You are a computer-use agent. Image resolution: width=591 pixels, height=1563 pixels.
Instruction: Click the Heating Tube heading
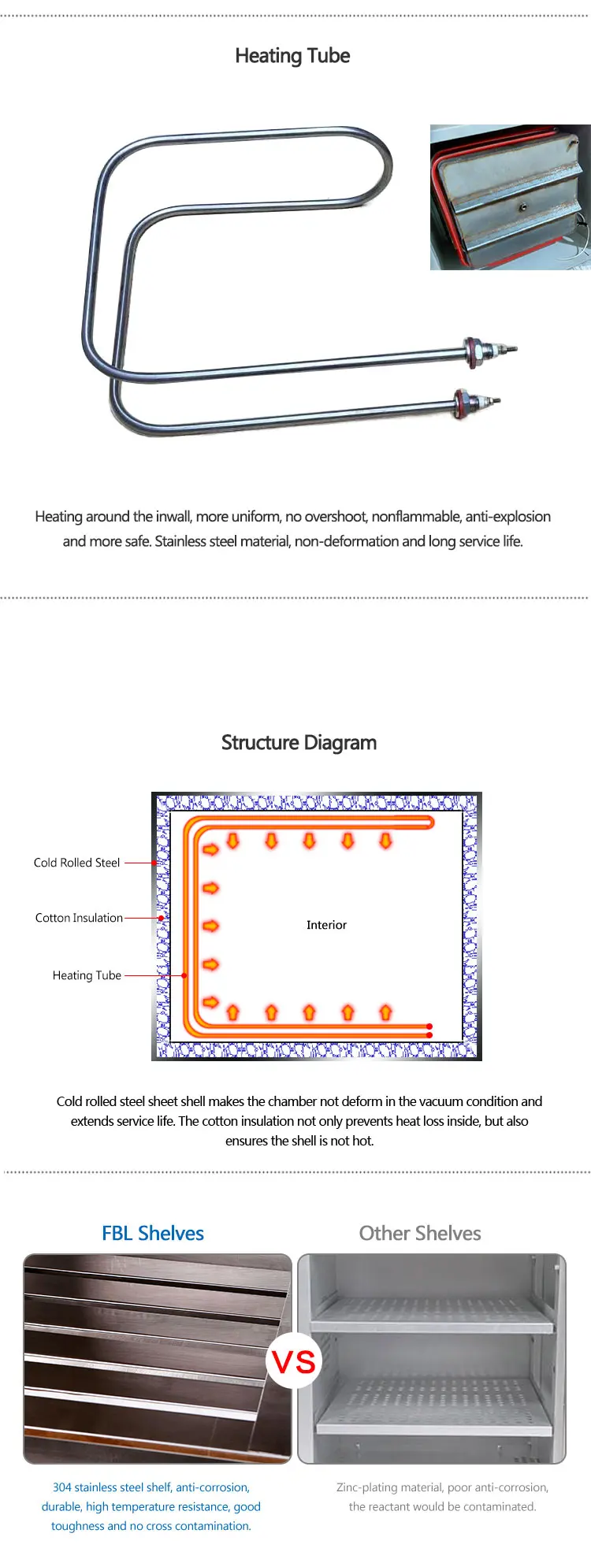[x=292, y=56]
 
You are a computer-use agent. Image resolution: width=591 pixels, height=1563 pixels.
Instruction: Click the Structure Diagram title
[x=299, y=743]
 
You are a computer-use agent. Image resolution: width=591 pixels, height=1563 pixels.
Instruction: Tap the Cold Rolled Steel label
[x=76, y=863]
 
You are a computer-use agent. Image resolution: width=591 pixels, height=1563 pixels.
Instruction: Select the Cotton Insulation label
[x=79, y=918]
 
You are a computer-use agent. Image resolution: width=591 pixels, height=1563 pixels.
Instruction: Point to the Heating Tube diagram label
[x=87, y=975]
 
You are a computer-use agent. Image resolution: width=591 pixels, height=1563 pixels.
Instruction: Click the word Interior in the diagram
[x=326, y=925]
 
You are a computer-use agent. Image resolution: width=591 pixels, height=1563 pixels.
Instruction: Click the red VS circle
[x=294, y=1361]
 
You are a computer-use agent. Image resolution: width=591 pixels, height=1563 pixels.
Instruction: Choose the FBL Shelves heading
[x=153, y=1234]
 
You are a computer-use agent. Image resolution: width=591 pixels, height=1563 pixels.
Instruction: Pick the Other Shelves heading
[x=420, y=1234]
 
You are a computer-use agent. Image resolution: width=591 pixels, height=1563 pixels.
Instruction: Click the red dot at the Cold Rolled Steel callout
[x=154, y=863]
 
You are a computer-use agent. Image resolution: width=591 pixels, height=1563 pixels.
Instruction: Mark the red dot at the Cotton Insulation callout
[x=161, y=918]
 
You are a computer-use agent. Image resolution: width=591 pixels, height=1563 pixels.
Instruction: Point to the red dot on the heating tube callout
[x=184, y=975]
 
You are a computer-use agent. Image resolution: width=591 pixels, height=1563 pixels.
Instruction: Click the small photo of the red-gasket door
[x=510, y=197]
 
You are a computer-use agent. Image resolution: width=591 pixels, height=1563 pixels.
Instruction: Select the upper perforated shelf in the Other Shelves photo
[x=432, y=1315]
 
